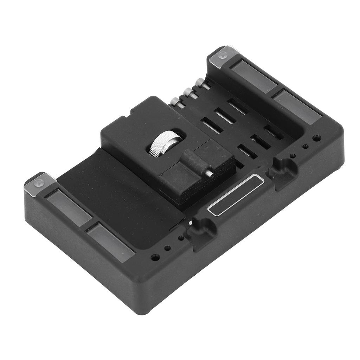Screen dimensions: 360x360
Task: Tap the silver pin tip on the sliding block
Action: [x=210, y=173]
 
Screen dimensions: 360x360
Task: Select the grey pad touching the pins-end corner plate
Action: [x=253, y=76]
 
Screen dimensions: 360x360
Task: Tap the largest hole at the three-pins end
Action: [x=316, y=138]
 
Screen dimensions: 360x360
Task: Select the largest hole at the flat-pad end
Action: [x=155, y=257]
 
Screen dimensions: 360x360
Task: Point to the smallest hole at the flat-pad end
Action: [x=181, y=238]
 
